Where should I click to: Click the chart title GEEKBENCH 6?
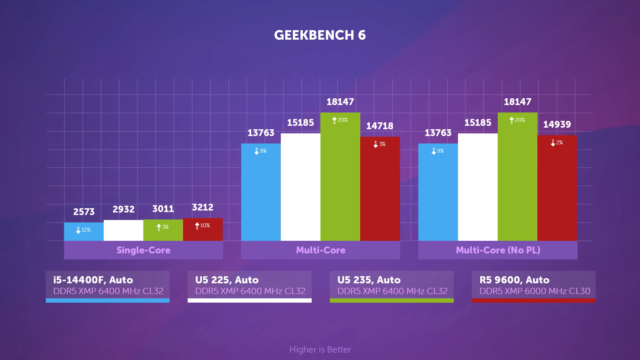[320, 35]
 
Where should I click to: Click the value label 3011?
[163, 209]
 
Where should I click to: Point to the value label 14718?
[380, 126]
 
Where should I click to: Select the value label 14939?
[557, 124]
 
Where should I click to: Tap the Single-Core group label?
[143, 250]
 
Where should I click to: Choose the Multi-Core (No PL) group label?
[498, 250]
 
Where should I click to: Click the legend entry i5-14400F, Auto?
[93, 280]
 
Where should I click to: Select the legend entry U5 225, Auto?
[227, 280]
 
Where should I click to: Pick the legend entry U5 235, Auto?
[369, 280]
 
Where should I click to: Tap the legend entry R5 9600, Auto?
[514, 280]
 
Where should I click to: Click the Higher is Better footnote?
[320, 350]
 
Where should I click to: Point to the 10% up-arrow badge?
[202, 226]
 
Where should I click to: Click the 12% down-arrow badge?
[84, 230]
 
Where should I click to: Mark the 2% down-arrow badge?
[557, 143]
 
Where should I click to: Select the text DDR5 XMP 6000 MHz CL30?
[534, 291]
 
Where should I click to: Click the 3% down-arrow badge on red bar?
[380, 144]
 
